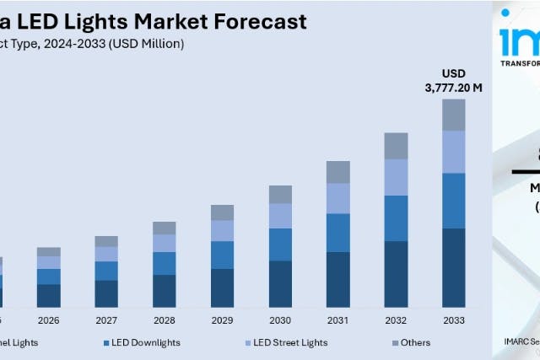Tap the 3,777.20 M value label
tap(453, 86)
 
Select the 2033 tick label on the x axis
tap(453, 320)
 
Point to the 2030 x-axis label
tap(280, 320)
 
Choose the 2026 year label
tap(49, 320)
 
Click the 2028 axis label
tap(165, 320)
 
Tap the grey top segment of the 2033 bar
tap(454, 115)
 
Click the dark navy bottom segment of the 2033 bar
tap(454, 267)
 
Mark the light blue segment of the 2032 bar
tap(396, 177)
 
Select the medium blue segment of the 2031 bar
tap(338, 233)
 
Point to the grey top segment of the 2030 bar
tap(280, 194)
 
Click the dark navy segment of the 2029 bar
tap(222, 287)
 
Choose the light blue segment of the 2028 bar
tap(165, 243)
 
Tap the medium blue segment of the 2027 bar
tap(106, 271)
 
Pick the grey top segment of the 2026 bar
tap(49, 251)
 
